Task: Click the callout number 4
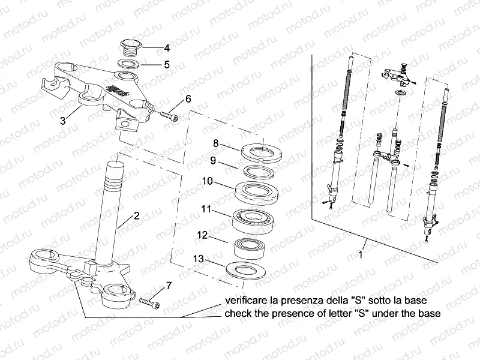167,47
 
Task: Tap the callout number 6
188,99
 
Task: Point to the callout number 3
62,121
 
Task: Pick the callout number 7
168,285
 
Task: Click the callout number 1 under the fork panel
361,254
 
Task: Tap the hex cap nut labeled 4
129,46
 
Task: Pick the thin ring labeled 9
263,172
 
